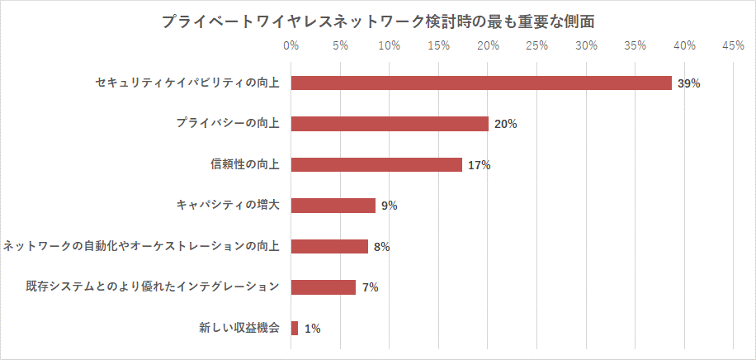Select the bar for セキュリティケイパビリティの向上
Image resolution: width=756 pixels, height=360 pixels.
pyautogui.click(x=481, y=83)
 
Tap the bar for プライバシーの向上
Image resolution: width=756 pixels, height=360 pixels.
pyautogui.click(x=390, y=124)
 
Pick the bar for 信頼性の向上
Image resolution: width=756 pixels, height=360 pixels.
pyautogui.click(x=376, y=164)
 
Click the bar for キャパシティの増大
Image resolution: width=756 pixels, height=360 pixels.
pyautogui.click(x=333, y=206)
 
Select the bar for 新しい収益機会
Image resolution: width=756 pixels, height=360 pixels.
pyautogui.click(x=295, y=328)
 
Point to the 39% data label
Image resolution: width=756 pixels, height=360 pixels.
pyautogui.click(x=688, y=83)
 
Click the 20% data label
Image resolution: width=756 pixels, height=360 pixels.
pyautogui.click(x=505, y=125)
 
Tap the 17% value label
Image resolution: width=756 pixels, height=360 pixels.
pyautogui.click(x=479, y=165)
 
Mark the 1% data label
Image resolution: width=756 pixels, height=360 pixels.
pyautogui.click(x=312, y=329)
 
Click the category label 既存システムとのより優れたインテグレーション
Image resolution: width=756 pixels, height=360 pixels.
pyautogui.click(x=152, y=287)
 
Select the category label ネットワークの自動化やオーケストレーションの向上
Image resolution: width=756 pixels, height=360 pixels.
pyautogui.click(x=141, y=246)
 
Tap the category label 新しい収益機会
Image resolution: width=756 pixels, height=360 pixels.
pyautogui.click(x=239, y=328)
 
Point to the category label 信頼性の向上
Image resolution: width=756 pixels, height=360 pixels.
pyautogui.click(x=245, y=164)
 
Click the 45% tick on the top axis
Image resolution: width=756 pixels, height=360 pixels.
pyautogui.click(x=733, y=45)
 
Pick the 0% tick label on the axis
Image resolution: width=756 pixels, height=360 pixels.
pyautogui.click(x=291, y=45)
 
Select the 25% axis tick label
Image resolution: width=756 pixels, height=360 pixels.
pyautogui.click(x=536, y=45)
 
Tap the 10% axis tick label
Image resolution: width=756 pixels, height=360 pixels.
pyautogui.click(x=389, y=45)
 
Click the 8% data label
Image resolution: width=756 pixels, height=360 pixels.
pyautogui.click(x=381, y=247)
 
